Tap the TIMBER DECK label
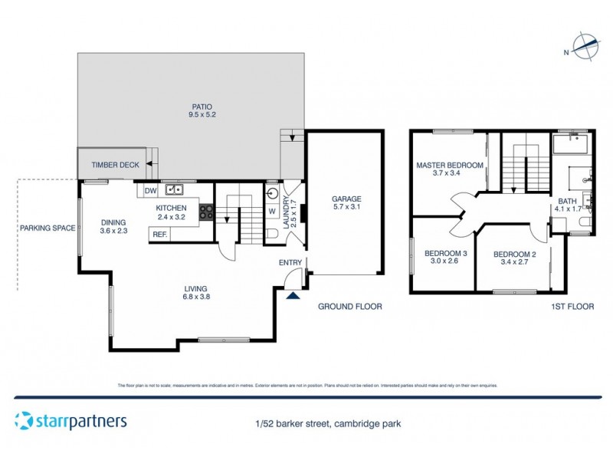point(115,165)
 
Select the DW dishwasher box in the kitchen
point(150,190)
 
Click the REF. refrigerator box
point(159,235)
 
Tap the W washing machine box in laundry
point(272,211)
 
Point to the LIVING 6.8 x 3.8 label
point(197,292)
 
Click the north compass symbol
point(587,48)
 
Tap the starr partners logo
point(70,421)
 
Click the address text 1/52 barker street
point(328,423)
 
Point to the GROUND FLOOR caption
point(349,307)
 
